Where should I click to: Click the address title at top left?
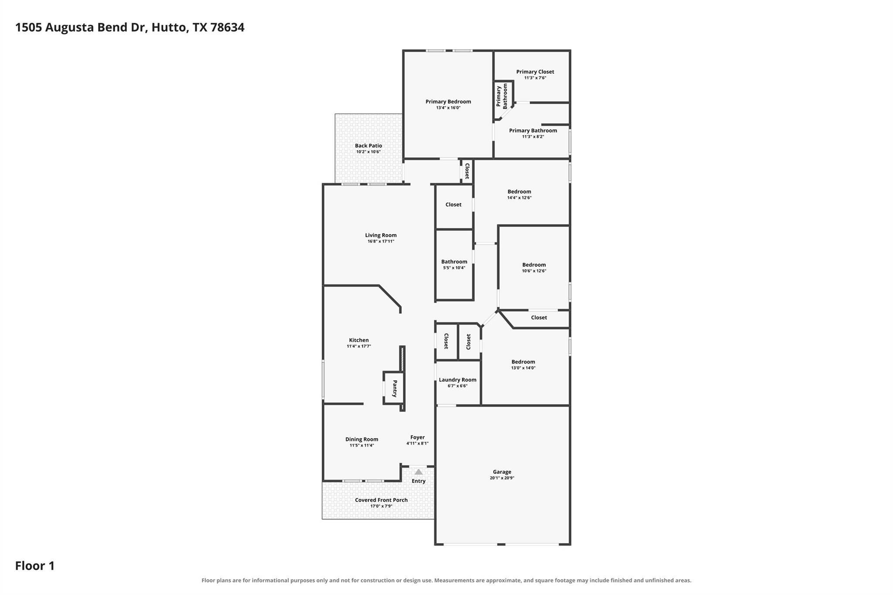pyautogui.click(x=130, y=27)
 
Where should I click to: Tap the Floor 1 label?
pyautogui.click(x=35, y=566)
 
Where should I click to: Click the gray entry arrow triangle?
pyautogui.click(x=419, y=472)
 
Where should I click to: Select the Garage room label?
pyautogui.click(x=502, y=472)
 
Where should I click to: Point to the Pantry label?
pyautogui.click(x=395, y=388)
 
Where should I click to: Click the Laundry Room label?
pyautogui.click(x=457, y=380)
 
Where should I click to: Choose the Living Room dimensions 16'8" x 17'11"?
pyautogui.click(x=381, y=241)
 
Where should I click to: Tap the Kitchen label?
pyautogui.click(x=359, y=340)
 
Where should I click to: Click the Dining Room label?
pyautogui.click(x=362, y=439)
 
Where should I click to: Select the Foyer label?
pyautogui.click(x=417, y=437)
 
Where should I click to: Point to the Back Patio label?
pyautogui.click(x=368, y=146)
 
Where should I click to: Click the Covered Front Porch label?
pyautogui.click(x=381, y=500)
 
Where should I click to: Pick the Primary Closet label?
pyautogui.click(x=535, y=71)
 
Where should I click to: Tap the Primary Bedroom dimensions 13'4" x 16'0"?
pyautogui.click(x=448, y=108)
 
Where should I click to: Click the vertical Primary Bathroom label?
pyautogui.click(x=502, y=96)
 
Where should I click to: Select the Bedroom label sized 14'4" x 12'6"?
pyautogui.click(x=519, y=191)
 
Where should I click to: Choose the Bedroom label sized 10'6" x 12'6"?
pyautogui.click(x=534, y=265)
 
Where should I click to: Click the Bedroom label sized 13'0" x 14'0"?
pyautogui.click(x=523, y=362)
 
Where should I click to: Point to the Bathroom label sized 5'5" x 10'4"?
pyautogui.click(x=454, y=262)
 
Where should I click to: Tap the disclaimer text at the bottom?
pyautogui.click(x=446, y=580)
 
